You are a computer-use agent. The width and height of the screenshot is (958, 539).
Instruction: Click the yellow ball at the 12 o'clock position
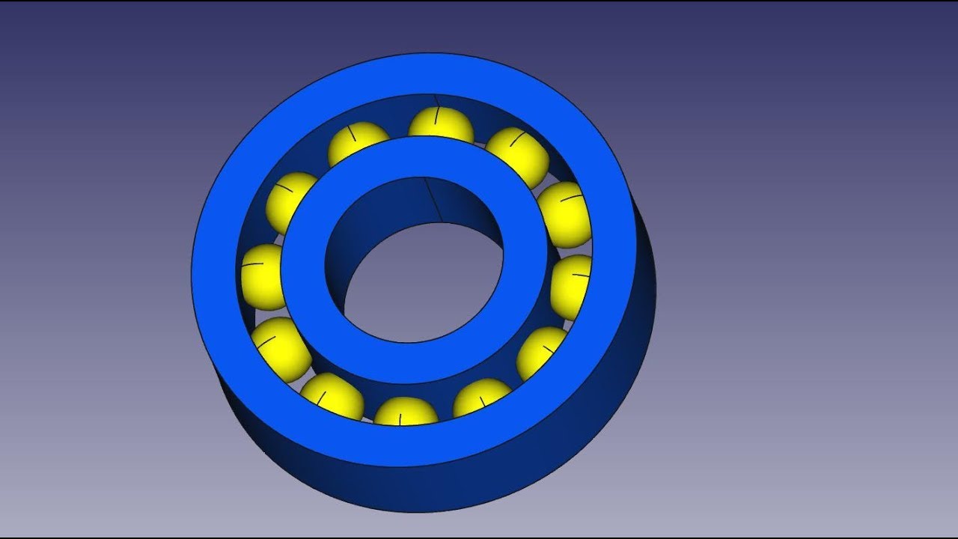coord(440,124)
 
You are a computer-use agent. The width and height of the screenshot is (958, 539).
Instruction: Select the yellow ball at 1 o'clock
coord(518,153)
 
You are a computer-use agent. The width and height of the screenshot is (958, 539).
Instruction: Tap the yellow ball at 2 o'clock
coord(565,213)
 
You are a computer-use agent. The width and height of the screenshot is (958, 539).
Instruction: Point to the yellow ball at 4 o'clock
coord(543,350)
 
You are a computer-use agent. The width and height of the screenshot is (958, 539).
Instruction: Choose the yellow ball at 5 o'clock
coord(483,397)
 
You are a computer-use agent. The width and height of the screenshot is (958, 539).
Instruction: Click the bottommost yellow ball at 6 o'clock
coord(405,412)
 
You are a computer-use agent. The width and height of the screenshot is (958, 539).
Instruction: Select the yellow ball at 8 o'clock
coord(279,348)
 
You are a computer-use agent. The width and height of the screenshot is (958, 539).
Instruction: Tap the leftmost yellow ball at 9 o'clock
coord(260,275)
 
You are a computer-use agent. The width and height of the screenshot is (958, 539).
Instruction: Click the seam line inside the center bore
coord(433,200)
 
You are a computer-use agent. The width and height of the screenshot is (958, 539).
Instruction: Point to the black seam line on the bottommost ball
coord(401,418)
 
